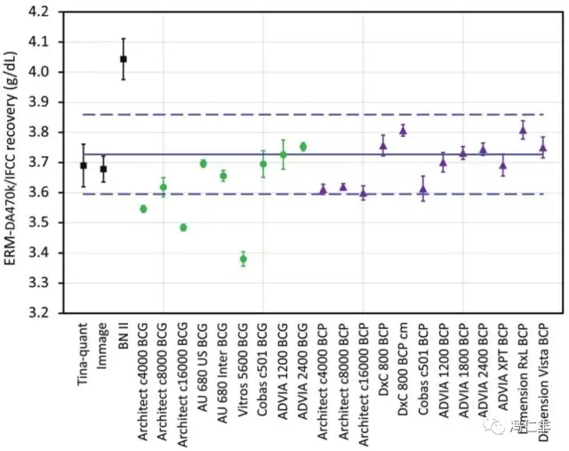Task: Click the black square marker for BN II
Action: click(124, 59)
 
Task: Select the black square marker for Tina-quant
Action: click(84, 165)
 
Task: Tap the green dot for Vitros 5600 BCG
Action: click(243, 260)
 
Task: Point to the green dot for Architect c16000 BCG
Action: click(183, 228)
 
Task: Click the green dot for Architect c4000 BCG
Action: click(143, 209)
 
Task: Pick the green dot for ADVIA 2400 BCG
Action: click(303, 147)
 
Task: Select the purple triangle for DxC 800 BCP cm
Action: click(403, 130)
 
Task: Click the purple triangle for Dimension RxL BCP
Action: click(523, 130)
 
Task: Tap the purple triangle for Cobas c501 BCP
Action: click(423, 189)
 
